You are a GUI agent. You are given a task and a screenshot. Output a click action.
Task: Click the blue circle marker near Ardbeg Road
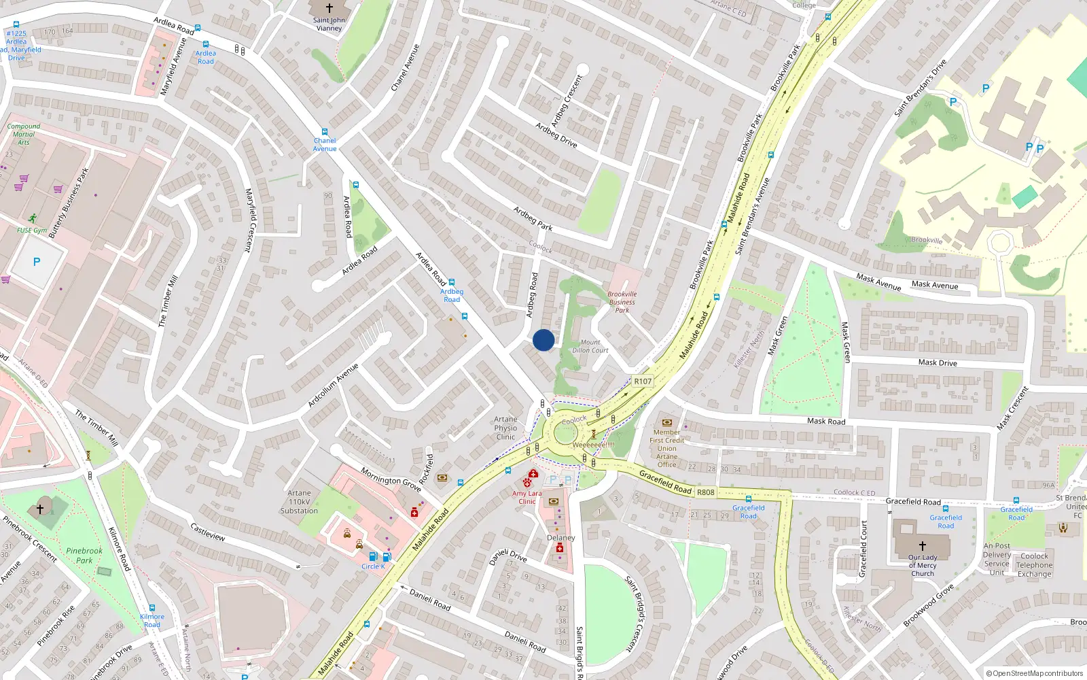click(543, 340)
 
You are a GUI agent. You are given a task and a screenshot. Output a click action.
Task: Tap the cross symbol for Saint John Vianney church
click(329, 8)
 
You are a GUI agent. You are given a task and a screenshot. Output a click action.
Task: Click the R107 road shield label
click(643, 381)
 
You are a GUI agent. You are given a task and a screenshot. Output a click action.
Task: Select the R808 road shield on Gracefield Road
click(706, 492)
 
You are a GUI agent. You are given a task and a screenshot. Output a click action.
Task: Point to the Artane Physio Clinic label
click(505, 428)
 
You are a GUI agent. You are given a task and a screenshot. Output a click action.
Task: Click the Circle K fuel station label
click(373, 566)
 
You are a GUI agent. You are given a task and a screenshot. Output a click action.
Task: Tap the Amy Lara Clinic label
click(527, 497)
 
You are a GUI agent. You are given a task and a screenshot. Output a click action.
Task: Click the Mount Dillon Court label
click(590, 347)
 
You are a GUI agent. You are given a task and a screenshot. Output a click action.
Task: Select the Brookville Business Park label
click(622, 302)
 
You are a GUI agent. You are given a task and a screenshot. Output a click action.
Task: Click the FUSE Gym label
click(32, 231)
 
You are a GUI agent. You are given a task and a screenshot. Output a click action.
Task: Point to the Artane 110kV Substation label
click(299, 502)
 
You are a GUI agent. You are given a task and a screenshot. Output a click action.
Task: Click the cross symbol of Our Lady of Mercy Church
click(923, 545)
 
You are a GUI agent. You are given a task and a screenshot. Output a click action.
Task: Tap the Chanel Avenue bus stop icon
click(325, 132)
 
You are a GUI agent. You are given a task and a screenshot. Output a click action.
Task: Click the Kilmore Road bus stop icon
click(152, 608)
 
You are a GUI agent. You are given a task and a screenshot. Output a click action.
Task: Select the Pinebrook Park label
click(84, 556)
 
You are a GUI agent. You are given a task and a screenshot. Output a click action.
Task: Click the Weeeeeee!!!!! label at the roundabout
click(593, 445)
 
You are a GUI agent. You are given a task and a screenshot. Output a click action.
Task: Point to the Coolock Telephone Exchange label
click(1034, 565)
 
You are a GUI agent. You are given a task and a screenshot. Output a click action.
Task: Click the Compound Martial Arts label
click(24, 134)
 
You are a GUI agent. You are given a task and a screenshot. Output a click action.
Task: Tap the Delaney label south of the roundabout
click(561, 537)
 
